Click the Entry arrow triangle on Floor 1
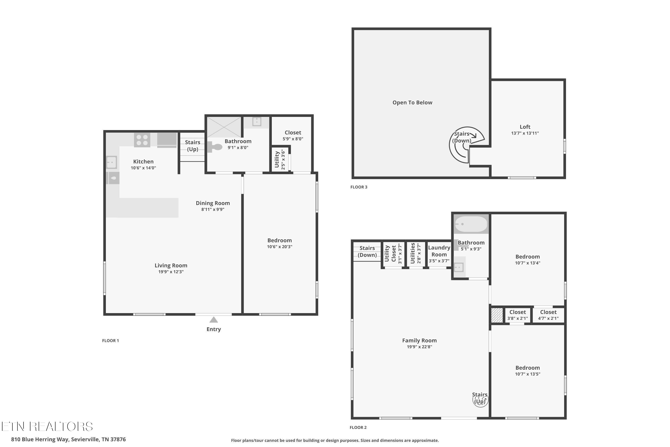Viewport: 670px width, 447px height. pos(214,320)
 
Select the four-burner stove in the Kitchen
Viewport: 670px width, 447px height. pos(142,140)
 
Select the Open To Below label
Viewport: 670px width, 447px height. pos(412,103)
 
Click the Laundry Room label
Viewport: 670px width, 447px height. pos(439,251)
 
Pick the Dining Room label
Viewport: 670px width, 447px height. pos(213,203)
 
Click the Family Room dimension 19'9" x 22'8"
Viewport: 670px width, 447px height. pos(419,347)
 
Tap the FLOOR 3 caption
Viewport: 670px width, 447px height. pos(359,187)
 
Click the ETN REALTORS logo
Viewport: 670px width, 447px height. pos(47,426)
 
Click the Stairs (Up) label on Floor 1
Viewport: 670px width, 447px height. pos(193,146)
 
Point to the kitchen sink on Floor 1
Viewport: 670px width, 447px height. pos(111,162)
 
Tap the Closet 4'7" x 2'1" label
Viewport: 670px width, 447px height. pos(548,315)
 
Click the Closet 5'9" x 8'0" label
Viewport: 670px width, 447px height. pos(293,135)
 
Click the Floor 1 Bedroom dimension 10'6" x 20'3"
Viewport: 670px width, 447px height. pos(279,247)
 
